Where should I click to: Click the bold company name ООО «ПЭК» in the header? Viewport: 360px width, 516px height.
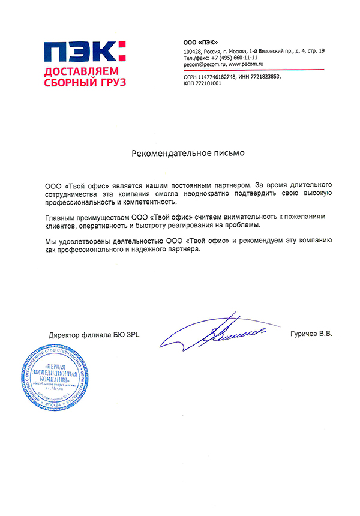[x=200, y=41]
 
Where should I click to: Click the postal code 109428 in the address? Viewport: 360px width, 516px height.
[x=193, y=52]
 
